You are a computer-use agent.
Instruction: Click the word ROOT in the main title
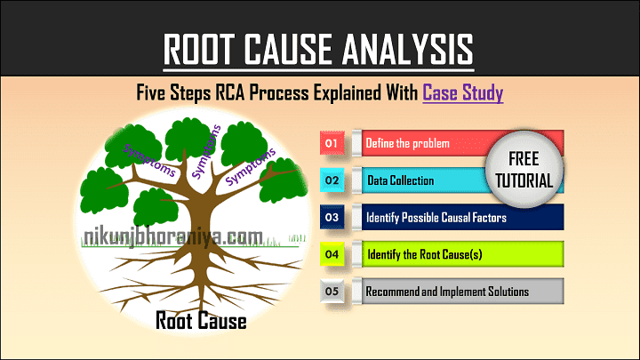[200, 49]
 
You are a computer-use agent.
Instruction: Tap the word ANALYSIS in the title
[407, 49]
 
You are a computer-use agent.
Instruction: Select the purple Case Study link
[462, 92]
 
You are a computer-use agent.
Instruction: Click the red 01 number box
[332, 143]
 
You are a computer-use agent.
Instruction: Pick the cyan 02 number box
[332, 180]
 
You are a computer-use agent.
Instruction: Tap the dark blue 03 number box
[332, 217]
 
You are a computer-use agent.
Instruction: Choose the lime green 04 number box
[332, 254]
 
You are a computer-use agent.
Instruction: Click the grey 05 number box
[332, 291]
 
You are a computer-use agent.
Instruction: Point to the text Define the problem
[407, 143]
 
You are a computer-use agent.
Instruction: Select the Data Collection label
[400, 180]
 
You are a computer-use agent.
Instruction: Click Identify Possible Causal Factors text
[436, 218]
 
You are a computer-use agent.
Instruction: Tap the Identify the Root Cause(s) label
[425, 254]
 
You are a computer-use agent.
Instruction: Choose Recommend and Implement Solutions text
[447, 292]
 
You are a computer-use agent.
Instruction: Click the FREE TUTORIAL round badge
[524, 170]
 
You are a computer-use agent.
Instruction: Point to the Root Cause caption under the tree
[201, 320]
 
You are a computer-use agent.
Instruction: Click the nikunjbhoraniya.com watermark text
[172, 237]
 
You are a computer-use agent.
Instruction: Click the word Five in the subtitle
[150, 92]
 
